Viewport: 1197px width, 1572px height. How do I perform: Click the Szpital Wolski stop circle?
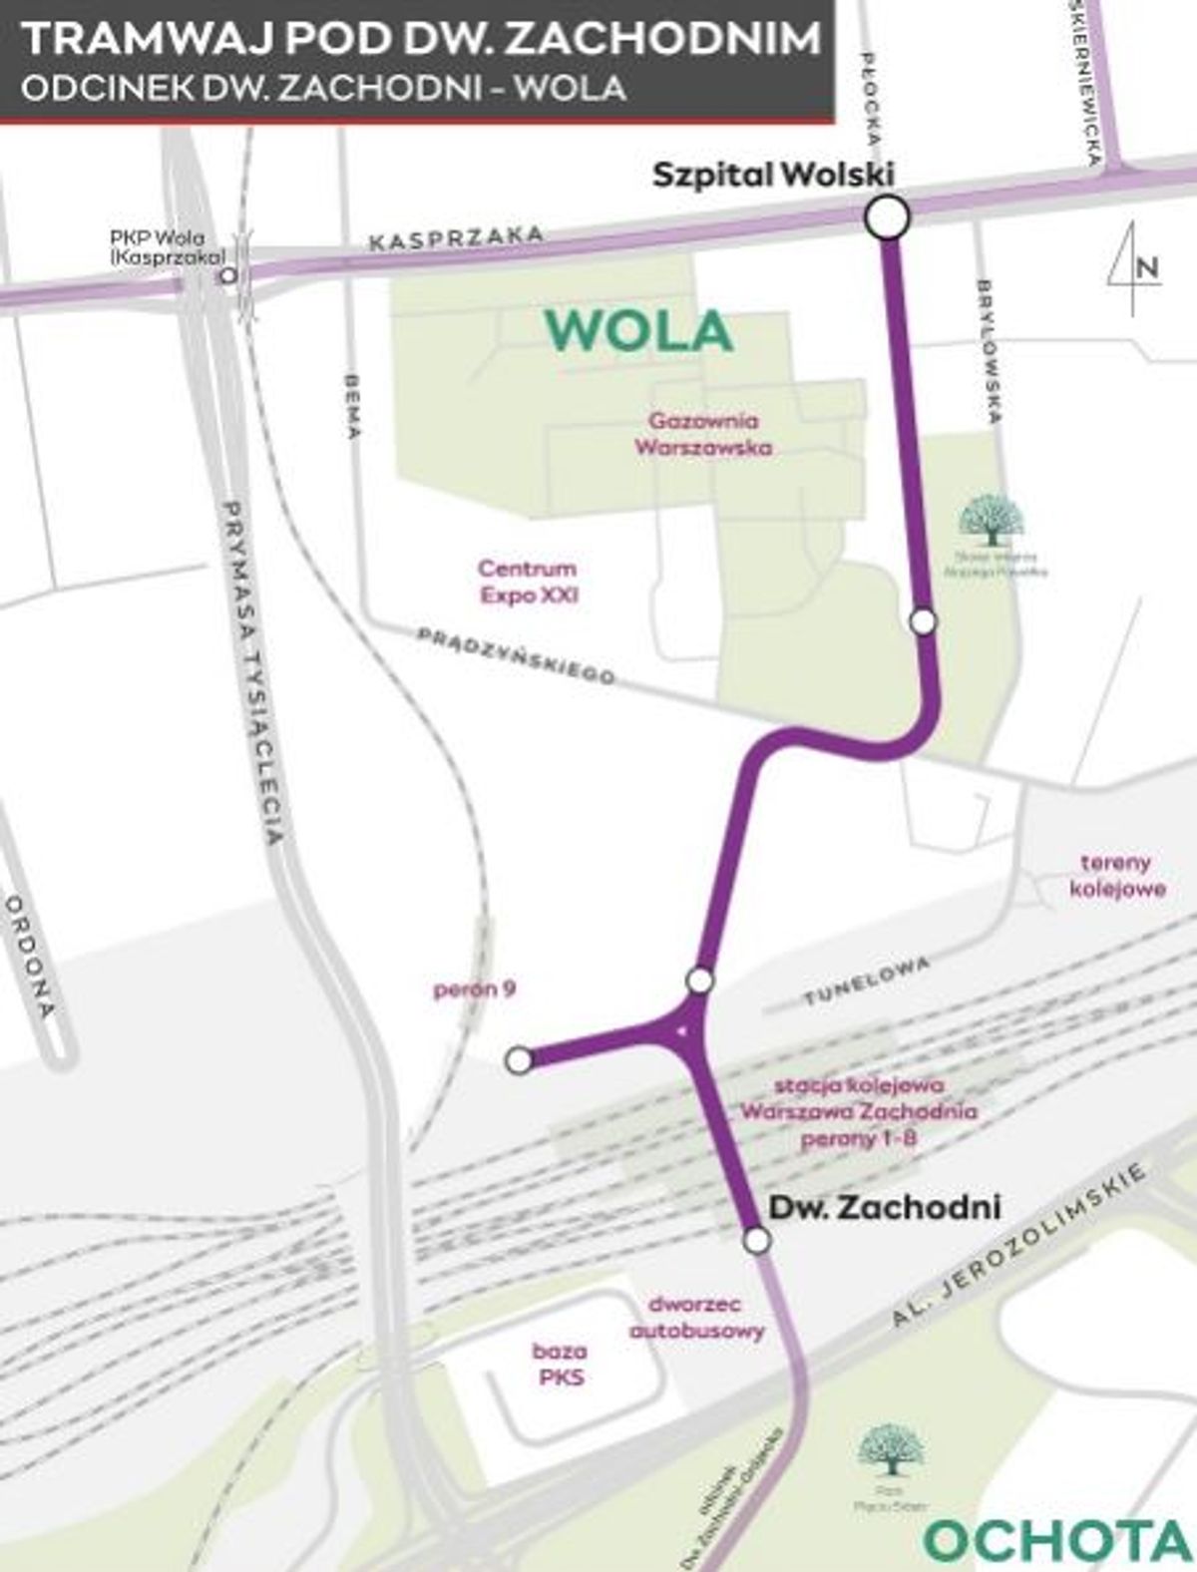click(x=887, y=217)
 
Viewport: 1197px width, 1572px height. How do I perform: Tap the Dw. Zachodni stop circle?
click(x=757, y=1240)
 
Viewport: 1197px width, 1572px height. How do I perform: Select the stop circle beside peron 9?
click(x=519, y=1060)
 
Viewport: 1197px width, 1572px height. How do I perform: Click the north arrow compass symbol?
click(x=1134, y=267)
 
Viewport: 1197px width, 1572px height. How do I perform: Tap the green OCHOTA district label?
click(x=1057, y=1542)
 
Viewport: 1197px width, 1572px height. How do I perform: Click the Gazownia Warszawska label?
click(x=703, y=434)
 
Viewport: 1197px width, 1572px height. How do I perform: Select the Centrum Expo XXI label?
click(x=528, y=582)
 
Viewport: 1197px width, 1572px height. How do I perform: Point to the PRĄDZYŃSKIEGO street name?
click(x=516, y=655)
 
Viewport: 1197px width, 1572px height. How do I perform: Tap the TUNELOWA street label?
click(x=867, y=981)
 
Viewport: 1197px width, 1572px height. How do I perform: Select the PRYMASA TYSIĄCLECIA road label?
click(x=253, y=672)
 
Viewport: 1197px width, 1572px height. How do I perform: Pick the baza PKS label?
click(x=560, y=1365)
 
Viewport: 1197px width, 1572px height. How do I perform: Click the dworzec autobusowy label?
click(x=696, y=1317)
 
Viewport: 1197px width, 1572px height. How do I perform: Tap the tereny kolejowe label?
click(x=1117, y=875)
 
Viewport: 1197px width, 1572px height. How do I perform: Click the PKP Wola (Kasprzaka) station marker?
click(x=229, y=274)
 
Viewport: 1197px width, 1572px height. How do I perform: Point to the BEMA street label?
click(x=351, y=406)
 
